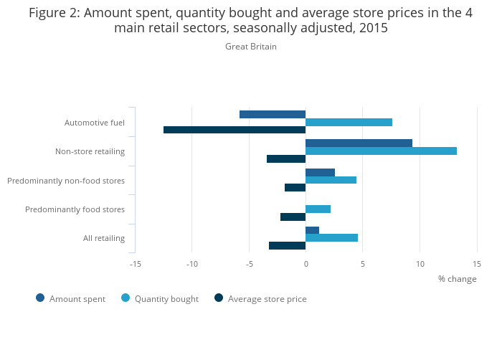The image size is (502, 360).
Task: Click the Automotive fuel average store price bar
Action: (235, 130)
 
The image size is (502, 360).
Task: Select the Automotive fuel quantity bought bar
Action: (349, 122)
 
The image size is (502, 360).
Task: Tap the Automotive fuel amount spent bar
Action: (273, 115)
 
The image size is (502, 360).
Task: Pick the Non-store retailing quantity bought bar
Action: (381, 151)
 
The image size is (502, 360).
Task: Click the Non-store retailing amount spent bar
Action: (359, 143)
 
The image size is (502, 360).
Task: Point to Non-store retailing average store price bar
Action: (286, 158)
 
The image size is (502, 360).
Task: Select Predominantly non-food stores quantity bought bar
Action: (331, 180)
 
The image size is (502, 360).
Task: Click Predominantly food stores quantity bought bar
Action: (318, 209)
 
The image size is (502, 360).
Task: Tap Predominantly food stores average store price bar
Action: (293, 217)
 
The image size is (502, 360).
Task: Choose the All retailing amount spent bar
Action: (312, 230)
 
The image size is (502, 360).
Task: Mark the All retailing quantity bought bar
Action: (331, 237)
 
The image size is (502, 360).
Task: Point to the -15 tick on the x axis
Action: (135, 264)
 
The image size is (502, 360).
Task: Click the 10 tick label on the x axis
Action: (420, 264)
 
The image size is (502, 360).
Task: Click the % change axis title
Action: (457, 279)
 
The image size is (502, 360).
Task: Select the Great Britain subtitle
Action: (251, 47)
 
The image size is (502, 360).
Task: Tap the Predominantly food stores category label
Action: (75, 209)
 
